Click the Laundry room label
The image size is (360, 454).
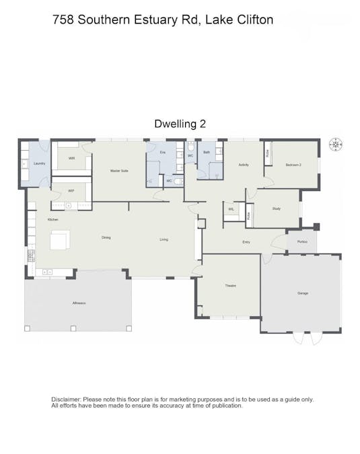[x=39, y=164]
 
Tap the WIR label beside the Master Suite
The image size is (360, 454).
[x=71, y=159]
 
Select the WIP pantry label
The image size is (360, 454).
[x=71, y=191]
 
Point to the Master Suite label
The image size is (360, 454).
[x=119, y=171]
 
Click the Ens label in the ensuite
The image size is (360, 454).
[x=162, y=153]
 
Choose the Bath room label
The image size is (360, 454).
[x=207, y=153]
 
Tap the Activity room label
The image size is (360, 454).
[x=244, y=165]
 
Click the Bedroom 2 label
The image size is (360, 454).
[x=293, y=165]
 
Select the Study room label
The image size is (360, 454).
[x=276, y=209]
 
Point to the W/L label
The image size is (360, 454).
[x=231, y=209]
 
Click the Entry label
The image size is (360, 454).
[x=247, y=241]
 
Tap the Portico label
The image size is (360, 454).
[x=302, y=241]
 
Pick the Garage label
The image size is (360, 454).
[x=303, y=293]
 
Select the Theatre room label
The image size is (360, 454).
[x=230, y=286]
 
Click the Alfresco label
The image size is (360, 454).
[x=79, y=303]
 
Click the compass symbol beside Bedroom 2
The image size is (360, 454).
[x=334, y=145]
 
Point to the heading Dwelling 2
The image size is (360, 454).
[x=180, y=123]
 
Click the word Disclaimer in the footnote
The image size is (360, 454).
[x=67, y=400]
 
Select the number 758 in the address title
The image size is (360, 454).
[x=63, y=20]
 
